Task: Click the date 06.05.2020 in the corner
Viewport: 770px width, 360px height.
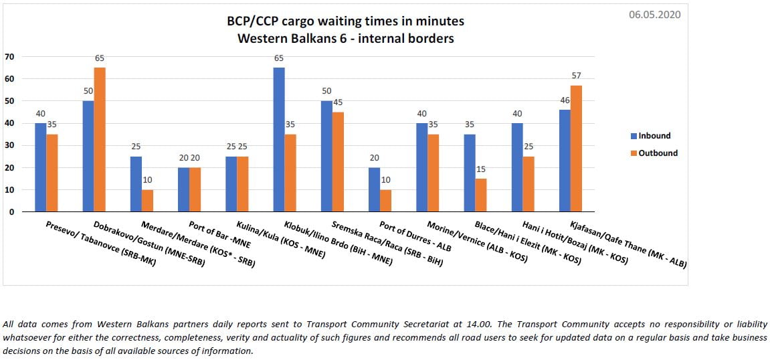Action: [x=654, y=14]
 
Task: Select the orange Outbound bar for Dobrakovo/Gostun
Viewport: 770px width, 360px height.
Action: [x=100, y=139]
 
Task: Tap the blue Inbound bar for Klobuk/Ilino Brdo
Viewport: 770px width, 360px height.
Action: [x=279, y=139]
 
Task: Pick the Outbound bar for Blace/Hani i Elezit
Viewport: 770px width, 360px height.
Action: [x=481, y=195]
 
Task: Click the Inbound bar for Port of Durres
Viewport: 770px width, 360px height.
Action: [x=374, y=189]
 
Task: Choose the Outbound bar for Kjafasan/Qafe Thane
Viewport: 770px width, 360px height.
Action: [x=577, y=149]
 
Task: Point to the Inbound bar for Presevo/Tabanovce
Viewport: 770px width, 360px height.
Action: [x=41, y=167]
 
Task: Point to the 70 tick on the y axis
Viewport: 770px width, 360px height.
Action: [x=9, y=56]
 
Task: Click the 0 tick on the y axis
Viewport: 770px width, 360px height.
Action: [x=11, y=211]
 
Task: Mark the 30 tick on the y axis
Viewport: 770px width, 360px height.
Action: [x=9, y=145]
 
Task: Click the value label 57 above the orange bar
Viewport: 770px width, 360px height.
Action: [x=577, y=76]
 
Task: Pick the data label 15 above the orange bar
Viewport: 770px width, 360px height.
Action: [x=481, y=169]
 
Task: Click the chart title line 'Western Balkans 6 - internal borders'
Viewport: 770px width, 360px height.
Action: [x=345, y=38]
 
